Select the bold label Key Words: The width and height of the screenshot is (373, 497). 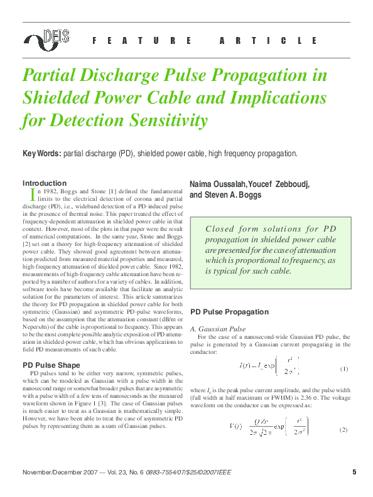pos(41,154)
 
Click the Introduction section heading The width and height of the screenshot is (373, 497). pos(44,183)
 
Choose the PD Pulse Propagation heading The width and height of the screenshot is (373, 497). pos(229,312)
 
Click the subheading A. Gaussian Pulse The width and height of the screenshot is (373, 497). pos(217,329)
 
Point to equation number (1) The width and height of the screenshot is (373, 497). pos(344,369)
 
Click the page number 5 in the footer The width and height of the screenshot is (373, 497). pos(354,472)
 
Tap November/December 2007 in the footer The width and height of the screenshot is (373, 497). pos(59,473)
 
